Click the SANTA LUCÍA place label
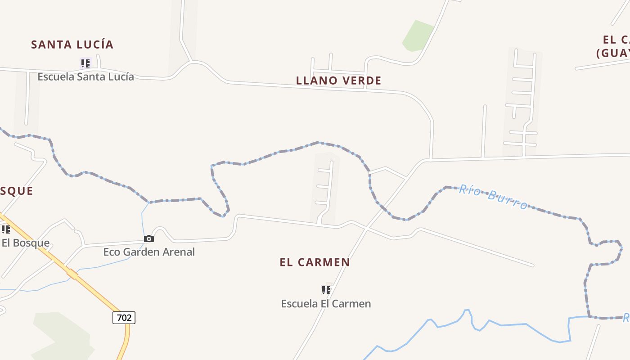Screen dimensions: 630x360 72,45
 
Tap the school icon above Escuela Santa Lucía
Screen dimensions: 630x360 85,63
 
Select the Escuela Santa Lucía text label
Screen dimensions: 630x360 85,76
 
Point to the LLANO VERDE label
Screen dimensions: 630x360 338,81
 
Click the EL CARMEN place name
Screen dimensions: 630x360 315,262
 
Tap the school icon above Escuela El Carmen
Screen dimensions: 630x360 326,290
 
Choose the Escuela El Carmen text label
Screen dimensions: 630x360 326,304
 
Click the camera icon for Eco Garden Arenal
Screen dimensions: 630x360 148,238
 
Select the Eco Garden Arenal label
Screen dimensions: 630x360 149,252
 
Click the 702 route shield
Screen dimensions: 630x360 124,318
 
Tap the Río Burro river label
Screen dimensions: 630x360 493,198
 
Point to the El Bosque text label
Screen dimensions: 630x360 25,243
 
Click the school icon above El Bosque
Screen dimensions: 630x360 5,230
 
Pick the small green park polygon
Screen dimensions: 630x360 417,36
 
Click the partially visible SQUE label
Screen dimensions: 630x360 17,191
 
